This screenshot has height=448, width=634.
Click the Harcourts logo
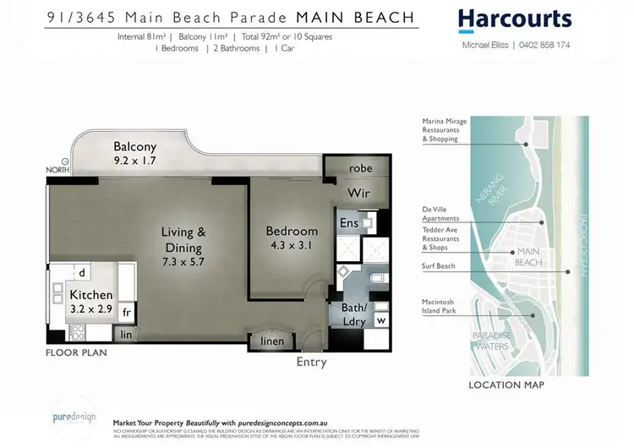click(514, 20)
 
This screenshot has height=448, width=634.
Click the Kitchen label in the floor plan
click(90, 294)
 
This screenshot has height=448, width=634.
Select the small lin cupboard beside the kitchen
click(127, 336)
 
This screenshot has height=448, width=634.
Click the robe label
click(360, 168)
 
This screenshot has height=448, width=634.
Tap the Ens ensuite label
click(348, 223)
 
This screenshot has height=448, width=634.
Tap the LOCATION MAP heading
click(506, 385)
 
